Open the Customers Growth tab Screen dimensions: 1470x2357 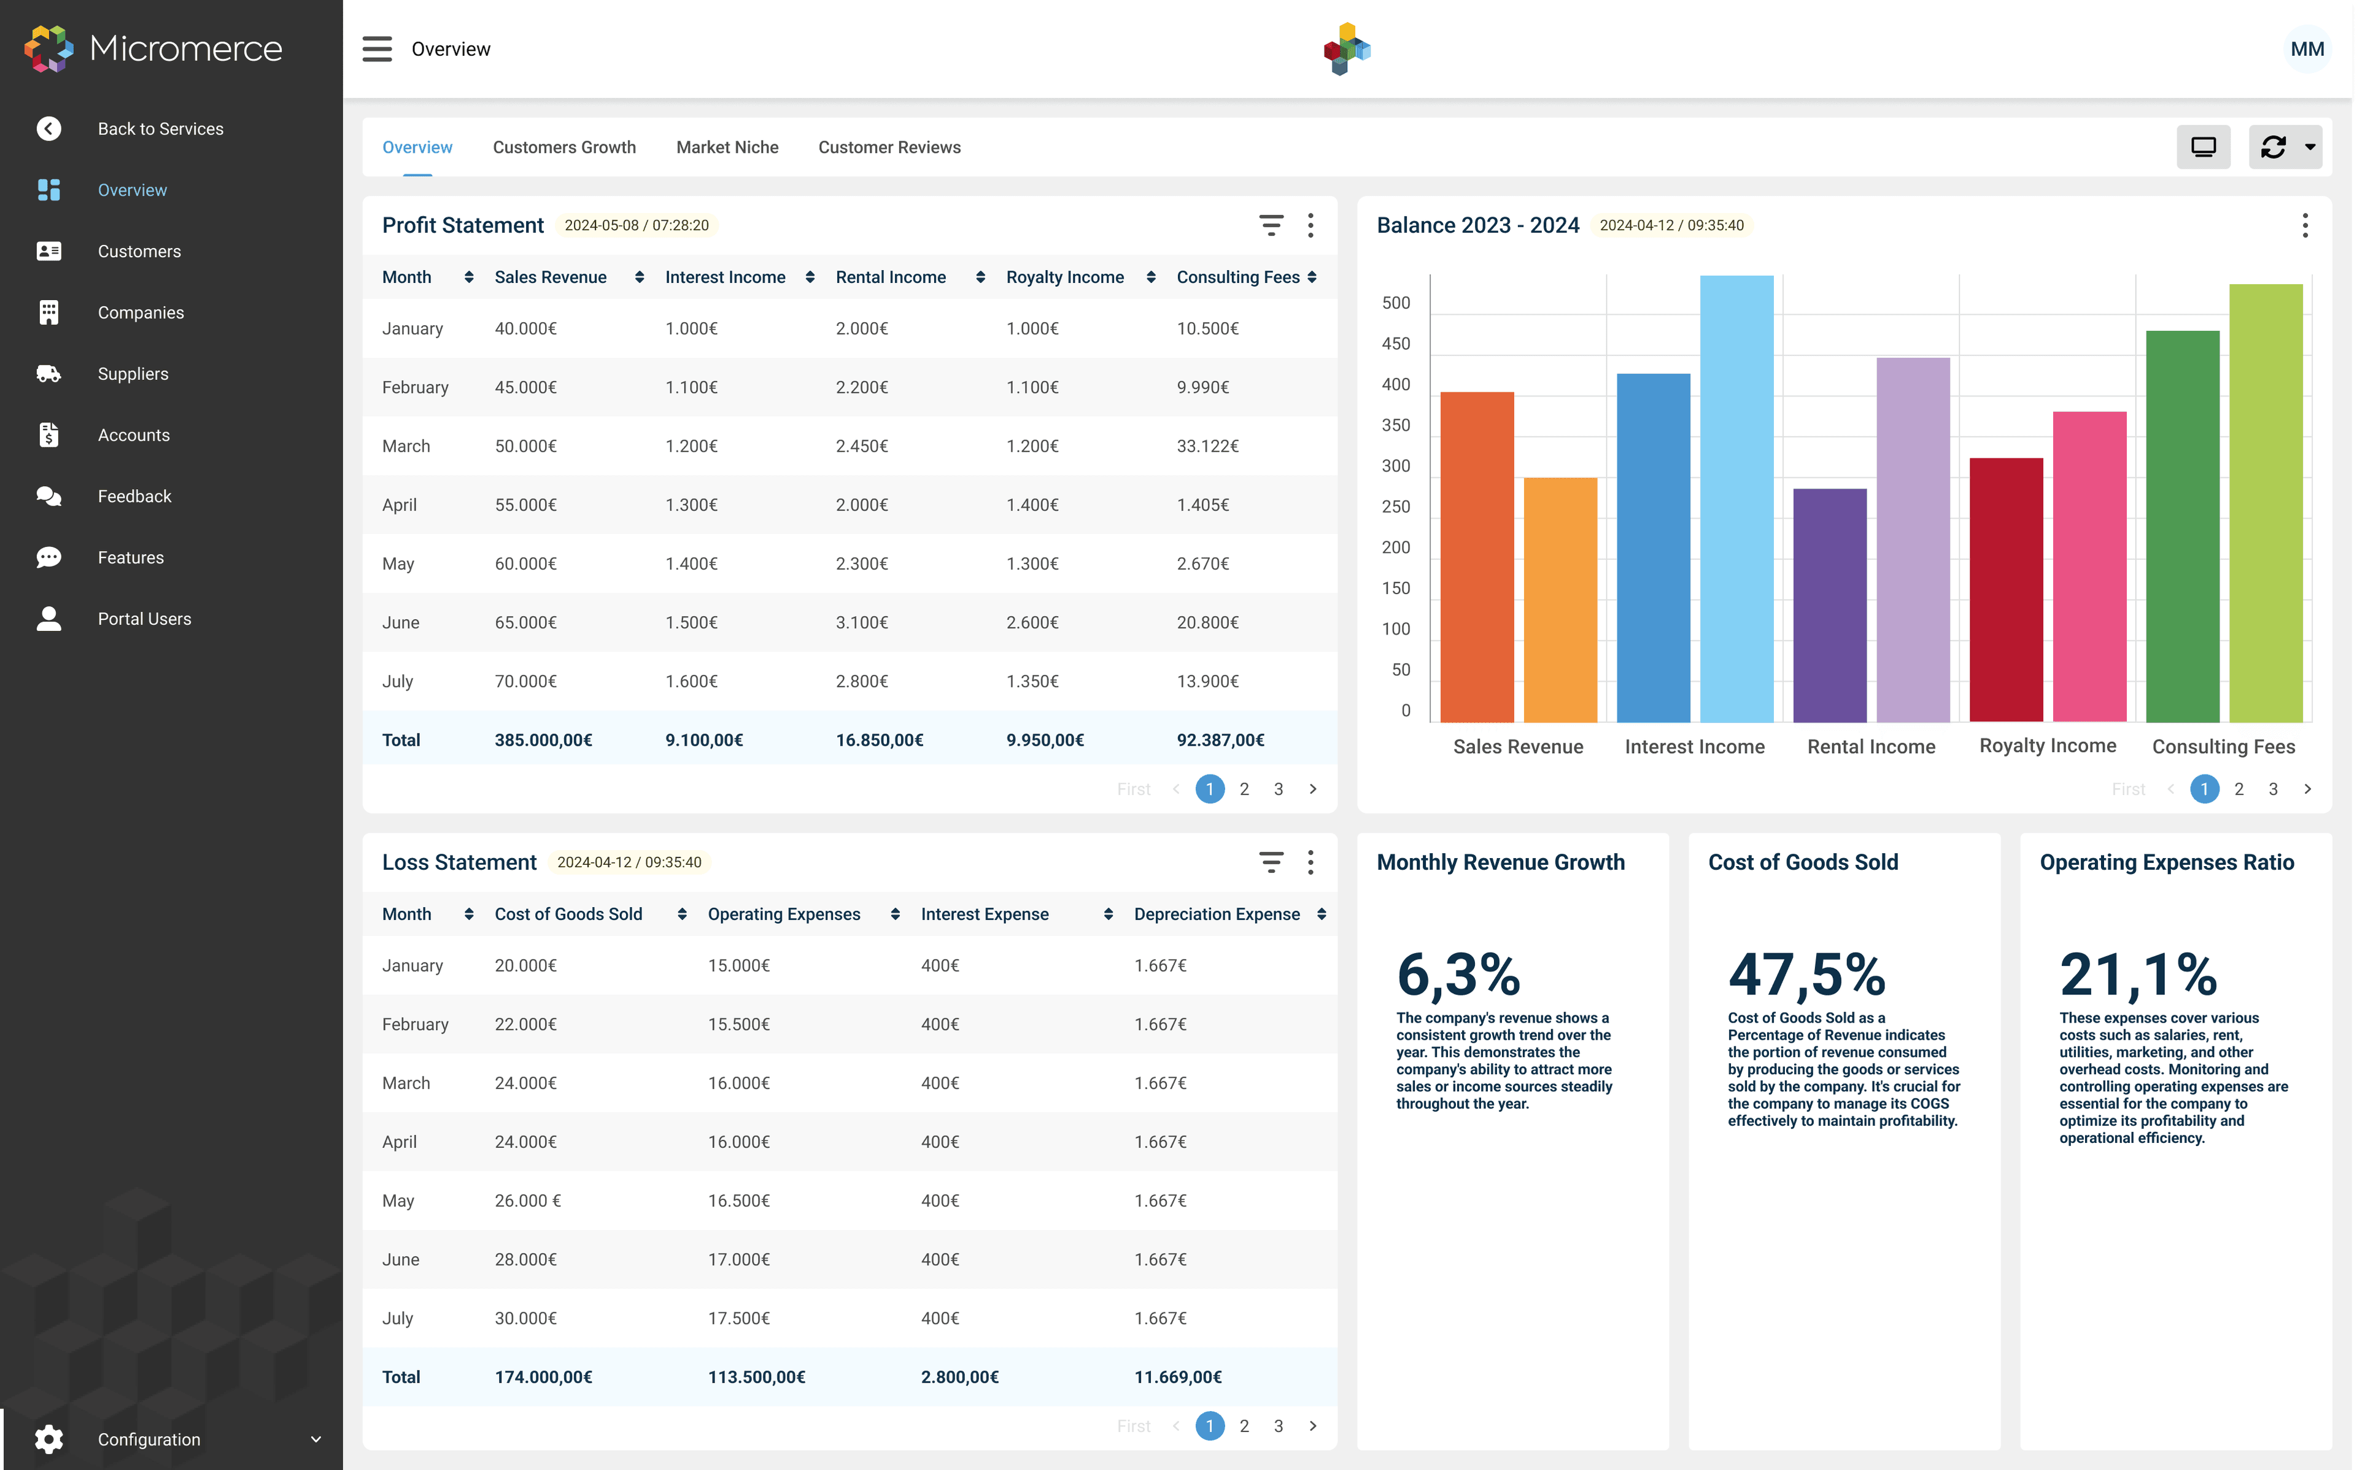click(x=563, y=147)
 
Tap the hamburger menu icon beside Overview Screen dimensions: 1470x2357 click(x=377, y=48)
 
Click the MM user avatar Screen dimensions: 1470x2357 click(x=2305, y=48)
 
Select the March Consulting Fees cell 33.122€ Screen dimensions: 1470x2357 click(x=1207, y=446)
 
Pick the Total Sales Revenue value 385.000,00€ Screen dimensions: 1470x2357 click(x=543, y=740)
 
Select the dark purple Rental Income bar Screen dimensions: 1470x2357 click(x=1829, y=605)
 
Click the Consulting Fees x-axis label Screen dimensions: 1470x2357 click(x=2223, y=747)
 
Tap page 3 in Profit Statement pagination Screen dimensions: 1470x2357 click(x=1278, y=789)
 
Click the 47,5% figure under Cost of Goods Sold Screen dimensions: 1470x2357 click(x=1806, y=974)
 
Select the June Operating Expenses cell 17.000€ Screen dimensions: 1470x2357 click(x=738, y=1259)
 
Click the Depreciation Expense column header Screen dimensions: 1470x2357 click(x=1216, y=914)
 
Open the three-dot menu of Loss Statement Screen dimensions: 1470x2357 click(x=1310, y=862)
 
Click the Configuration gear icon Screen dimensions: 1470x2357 click(x=48, y=1439)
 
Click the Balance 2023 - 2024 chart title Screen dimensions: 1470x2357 click(x=1477, y=225)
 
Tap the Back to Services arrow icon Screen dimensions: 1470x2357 click(x=48, y=128)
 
